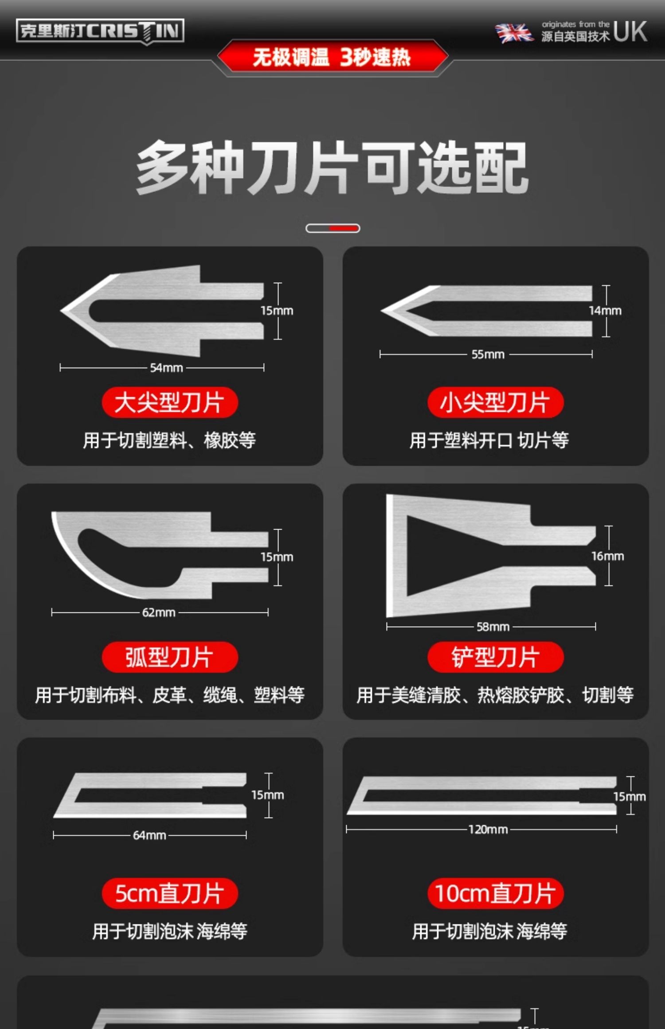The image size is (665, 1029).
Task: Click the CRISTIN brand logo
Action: [x=100, y=31]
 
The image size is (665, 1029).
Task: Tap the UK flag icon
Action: [x=514, y=33]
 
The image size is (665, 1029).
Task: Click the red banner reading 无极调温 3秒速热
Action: [x=332, y=57]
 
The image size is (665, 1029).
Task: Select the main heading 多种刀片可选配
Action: [x=332, y=168]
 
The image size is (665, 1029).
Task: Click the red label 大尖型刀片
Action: [x=170, y=402]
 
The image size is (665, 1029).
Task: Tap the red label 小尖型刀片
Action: [x=496, y=402]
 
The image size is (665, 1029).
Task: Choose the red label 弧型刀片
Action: [x=170, y=657]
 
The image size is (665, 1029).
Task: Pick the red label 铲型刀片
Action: [x=496, y=657]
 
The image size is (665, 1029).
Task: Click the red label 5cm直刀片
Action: [x=170, y=893]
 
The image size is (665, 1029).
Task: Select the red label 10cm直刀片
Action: [x=496, y=893]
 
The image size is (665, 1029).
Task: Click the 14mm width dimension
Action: [x=606, y=311]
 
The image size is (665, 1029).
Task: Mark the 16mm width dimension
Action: [x=608, y=556]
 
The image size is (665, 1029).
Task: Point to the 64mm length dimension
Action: [x=150, y=835]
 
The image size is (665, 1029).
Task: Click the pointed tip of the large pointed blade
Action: [x=61, y=311]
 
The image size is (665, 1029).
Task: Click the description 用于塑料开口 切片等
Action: [x=489, y=440]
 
